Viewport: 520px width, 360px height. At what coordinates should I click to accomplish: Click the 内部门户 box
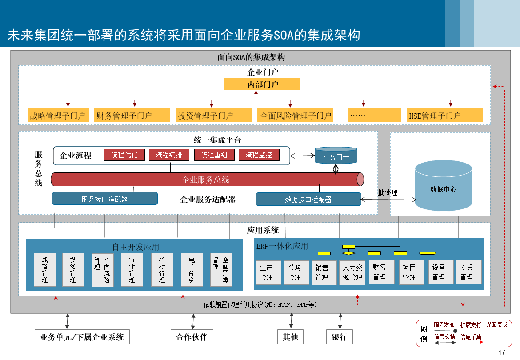tap(261, 84)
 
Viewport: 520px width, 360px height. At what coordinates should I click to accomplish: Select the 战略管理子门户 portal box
tap(58, 116)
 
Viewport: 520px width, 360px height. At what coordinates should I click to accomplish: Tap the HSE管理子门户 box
tap(445, 116)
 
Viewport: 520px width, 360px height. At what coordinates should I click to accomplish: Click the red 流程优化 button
tap(124, 155)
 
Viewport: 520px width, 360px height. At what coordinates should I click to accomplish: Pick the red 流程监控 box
tap(259, 155)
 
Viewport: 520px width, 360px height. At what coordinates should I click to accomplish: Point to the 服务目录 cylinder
tap(336, 156)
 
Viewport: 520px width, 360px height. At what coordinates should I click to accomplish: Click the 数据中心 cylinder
tap(443, 189)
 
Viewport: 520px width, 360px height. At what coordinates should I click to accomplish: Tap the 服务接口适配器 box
tap(105, 199)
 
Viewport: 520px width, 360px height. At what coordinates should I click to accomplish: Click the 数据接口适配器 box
tap(308, 199)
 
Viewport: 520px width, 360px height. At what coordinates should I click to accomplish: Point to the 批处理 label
tap(388, 192)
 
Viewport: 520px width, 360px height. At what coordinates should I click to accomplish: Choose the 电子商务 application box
tap(192, 270)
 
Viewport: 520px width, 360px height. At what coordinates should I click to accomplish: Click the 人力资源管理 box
tap(353, 272)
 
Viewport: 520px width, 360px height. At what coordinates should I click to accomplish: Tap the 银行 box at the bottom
tap(339, 337)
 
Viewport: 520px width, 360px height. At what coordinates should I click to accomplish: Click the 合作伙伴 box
tap(192, 337)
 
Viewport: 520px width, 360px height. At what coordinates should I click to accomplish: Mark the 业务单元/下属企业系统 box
tap(82, 337)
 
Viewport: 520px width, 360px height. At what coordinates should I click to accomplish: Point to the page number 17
tap(502, 352)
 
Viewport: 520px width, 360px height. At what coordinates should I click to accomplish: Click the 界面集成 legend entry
tap(496, 325)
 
